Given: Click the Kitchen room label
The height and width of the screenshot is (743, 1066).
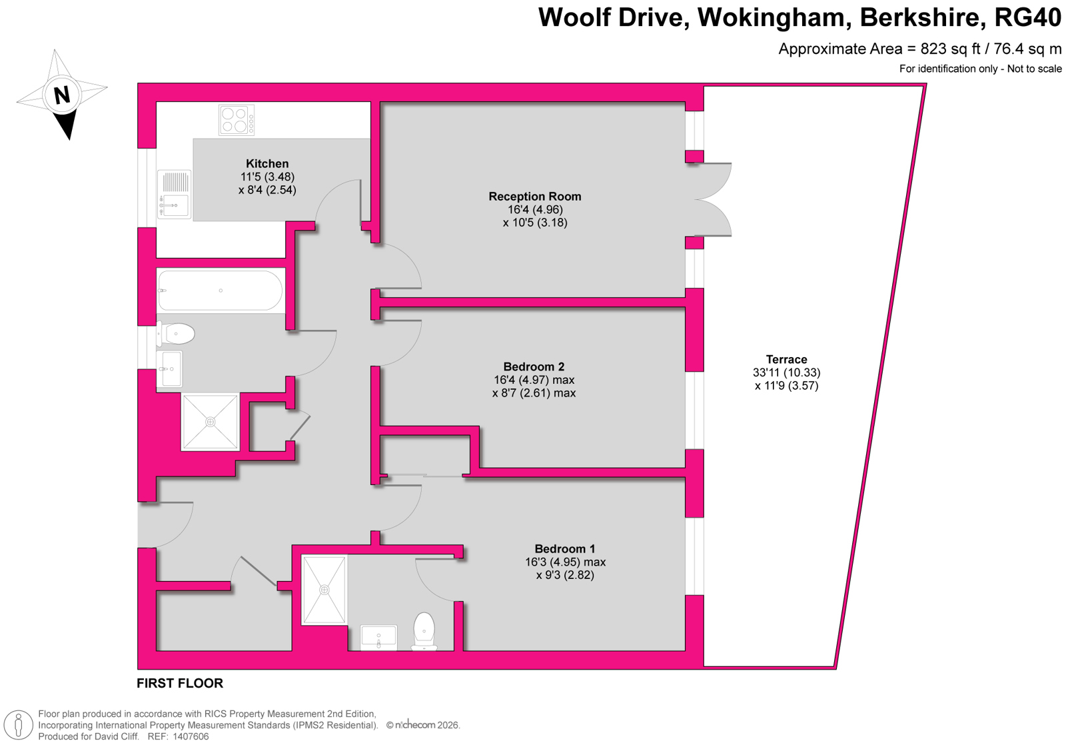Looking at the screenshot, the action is click(267, 164).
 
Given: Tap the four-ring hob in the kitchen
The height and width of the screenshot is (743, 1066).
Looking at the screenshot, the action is click(237, 120).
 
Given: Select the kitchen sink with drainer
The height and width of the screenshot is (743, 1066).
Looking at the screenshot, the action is click(174, 194).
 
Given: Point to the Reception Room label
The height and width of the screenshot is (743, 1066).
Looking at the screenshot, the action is click(535, 197).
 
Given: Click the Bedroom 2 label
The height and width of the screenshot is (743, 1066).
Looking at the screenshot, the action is click(534, 367).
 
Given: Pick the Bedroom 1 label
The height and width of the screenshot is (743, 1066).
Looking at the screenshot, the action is click(565, 549).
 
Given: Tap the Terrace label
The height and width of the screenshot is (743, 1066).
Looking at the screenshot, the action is click(787, 359).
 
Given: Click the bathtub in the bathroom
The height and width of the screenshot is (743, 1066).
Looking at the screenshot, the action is click(221, 291).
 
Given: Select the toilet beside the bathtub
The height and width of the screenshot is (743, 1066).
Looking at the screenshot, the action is click(176, 334).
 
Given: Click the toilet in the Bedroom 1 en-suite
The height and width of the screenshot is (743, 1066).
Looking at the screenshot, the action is click(424, 631).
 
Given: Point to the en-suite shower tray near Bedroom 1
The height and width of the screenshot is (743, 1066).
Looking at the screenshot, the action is click(324, 590).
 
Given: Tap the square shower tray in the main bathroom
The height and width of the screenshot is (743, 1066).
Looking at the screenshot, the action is click(210, 422).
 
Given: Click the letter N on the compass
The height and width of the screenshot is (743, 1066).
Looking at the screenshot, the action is click(62, 95).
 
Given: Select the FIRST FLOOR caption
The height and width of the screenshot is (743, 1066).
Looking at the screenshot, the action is click(180, 684).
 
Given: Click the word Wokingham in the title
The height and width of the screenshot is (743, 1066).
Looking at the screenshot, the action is click(774, 17).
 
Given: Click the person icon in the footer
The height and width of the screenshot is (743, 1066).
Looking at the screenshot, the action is click(19, 726).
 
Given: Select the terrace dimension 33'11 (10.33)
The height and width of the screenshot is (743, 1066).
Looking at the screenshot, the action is click(787, 372).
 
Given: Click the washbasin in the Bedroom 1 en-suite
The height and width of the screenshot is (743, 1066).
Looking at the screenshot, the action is click(379, 637).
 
